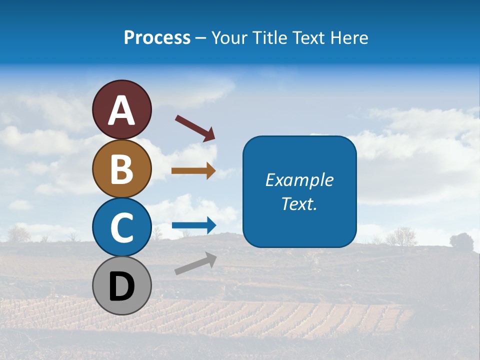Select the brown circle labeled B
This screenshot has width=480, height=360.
[121, 168]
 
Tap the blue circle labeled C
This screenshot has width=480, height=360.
[121, 227]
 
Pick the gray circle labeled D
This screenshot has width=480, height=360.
[121, 285]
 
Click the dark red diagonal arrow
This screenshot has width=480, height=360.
[195, 128]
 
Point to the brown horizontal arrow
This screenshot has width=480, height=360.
[193, 171]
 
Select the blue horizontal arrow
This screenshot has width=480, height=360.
[193, 225]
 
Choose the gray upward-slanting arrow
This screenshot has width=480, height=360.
[195, 263]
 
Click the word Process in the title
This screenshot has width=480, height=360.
[157, 37]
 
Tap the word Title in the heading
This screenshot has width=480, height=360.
[269, 37]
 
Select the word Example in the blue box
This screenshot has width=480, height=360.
[299, 180]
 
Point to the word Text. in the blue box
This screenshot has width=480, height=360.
[299, 203]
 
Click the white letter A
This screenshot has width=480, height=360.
[121, 110]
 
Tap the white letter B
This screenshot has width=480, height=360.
[121, 168]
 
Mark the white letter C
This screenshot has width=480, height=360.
[121, 227]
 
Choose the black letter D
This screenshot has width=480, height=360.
[121, 286]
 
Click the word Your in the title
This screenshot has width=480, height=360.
[229, 37]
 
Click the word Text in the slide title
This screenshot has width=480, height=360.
[308, 37]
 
